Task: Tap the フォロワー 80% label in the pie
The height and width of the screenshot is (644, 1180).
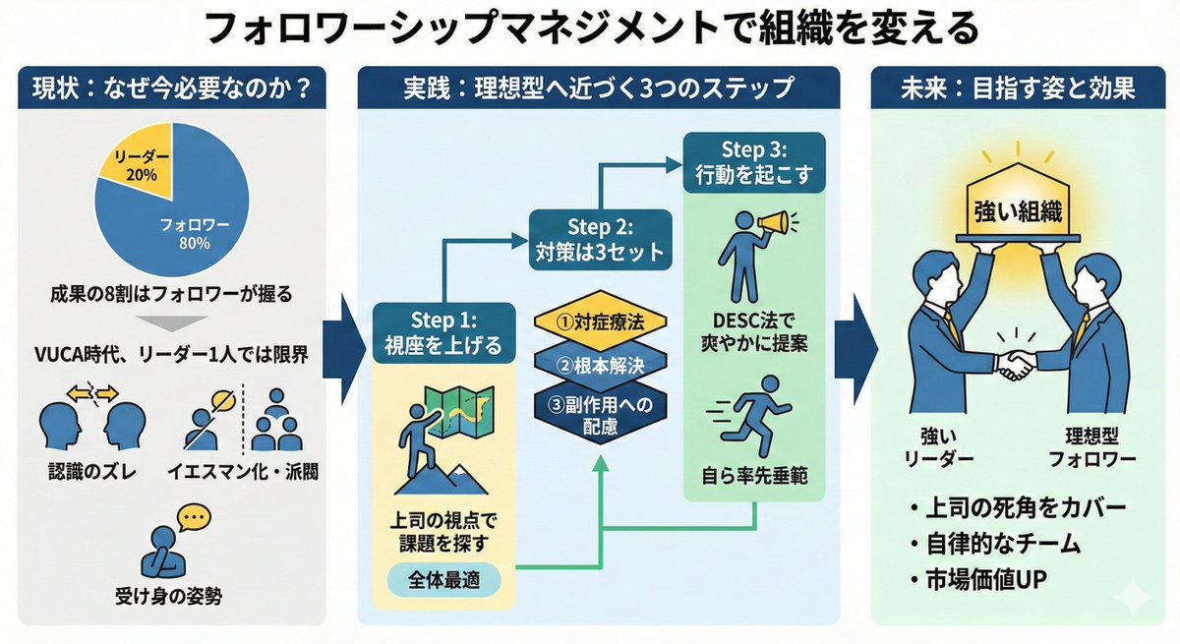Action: pyautogui.click(x=195, y=234)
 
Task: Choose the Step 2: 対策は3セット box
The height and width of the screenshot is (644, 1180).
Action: pyautogui.click(x=600, y=238)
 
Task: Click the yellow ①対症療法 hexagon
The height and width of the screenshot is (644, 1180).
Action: pyautogui.click(x=600, y=322)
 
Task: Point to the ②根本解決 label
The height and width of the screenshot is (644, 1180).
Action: pyautogui.click(x=600, y=366)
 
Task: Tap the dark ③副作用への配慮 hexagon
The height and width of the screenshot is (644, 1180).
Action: pyautogui.click(x=600, y=413)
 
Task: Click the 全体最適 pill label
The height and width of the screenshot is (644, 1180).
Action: pyautogui.click(x=442, y=579)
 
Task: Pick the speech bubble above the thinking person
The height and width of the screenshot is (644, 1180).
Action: pyautogui.click(x=195, y=516)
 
